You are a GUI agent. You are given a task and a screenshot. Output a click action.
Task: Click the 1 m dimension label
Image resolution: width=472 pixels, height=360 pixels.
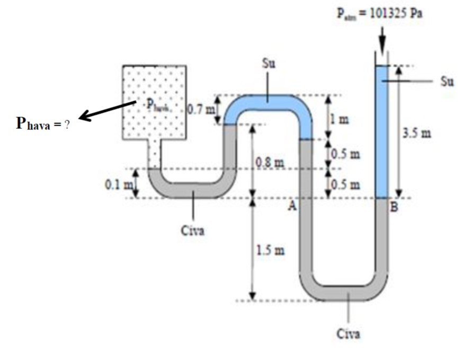pyautogui.click(x=340, y=119)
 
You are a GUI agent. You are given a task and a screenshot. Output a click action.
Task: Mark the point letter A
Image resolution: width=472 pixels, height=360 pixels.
pyautogui.click(x=291, y=207)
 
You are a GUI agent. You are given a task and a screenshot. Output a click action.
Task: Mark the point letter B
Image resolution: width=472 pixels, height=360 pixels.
pyautogui.click(x=393, y=207)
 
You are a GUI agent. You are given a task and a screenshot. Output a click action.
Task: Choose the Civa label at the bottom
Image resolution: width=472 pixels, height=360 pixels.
pyautogui.click(x=348, y=334)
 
